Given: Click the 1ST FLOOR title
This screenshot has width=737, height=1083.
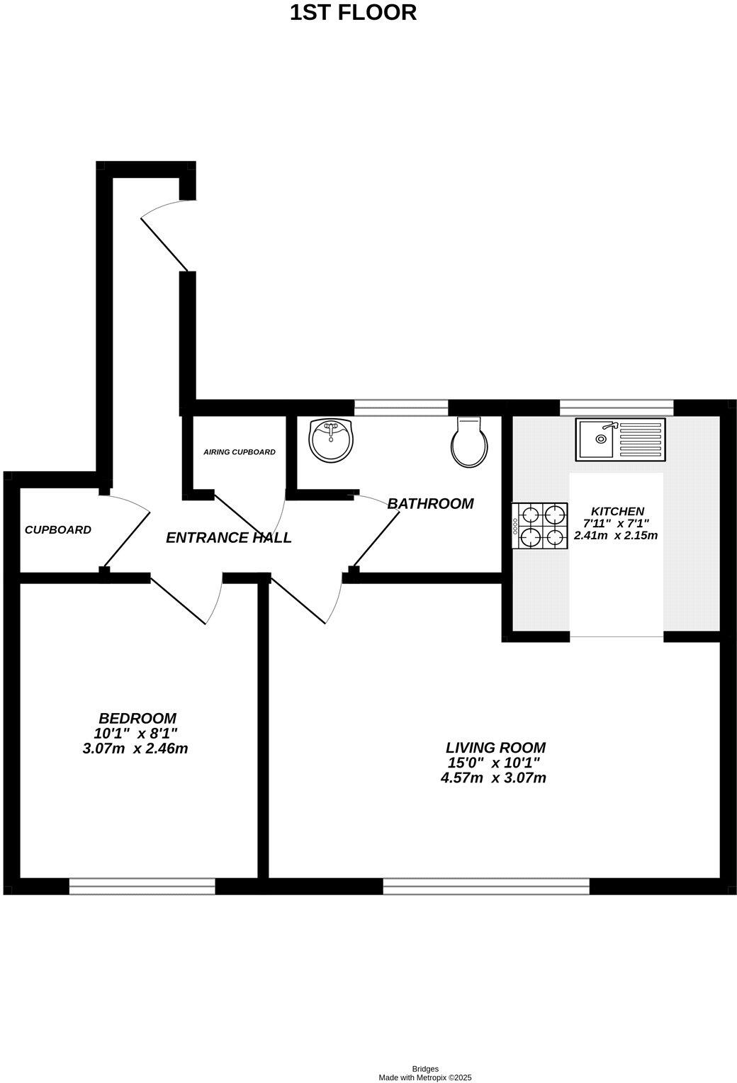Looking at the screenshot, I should tap(353, 12).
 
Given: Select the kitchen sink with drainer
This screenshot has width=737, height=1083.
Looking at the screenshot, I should tap(621, 439).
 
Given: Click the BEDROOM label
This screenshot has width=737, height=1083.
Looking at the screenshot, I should tap(137, 718).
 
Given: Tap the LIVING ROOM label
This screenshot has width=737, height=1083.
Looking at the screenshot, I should tap(495, 747).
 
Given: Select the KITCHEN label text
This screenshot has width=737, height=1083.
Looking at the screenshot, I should tap(617, 511).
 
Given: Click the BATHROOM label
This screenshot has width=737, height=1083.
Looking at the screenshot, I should tap(430, 504).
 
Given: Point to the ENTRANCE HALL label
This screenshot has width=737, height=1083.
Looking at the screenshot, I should tap(228, 538).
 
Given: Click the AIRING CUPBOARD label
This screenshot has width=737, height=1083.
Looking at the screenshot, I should tap(239, 452).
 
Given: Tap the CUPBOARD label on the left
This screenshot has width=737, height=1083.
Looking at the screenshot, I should tap(58, 529).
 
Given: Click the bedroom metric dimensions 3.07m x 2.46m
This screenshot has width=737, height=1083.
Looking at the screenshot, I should tap(135, 748).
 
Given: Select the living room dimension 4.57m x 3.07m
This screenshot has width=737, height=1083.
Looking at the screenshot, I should tap(493, 778).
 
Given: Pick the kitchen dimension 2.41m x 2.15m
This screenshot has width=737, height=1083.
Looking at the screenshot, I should tap(616, 536).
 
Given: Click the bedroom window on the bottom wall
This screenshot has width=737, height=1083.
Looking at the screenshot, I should tap(142, 885).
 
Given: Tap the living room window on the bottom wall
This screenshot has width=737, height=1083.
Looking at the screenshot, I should tap(486, 885).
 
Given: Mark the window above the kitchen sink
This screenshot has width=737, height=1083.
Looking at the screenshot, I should tap(616, 407).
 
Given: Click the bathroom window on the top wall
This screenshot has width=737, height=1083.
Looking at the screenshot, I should tap(401, 407).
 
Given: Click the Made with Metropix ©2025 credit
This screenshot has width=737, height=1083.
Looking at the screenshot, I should tap(424, 1077).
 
